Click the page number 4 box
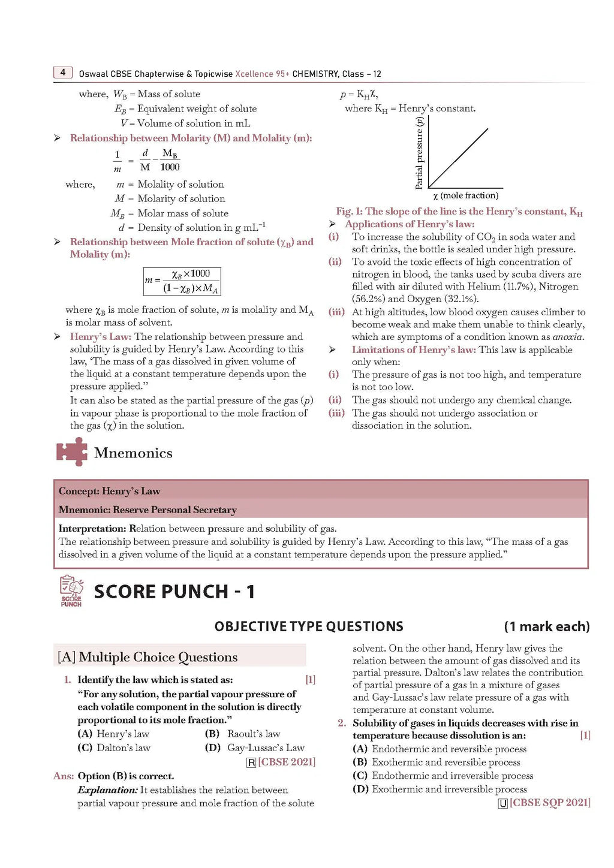point(63,73)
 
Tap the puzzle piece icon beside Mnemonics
point(71,452)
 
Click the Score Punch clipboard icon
point(71,591)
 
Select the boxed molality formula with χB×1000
point(182,281)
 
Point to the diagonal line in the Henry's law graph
point(458,158)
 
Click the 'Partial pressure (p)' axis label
point(419,153)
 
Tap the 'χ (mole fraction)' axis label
point(466,196)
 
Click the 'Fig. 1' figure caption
point(459,212)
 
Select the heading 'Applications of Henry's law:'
point(410,224)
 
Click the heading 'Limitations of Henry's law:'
point(414,350)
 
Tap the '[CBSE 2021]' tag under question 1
point(286,762)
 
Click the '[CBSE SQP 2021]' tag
point(549,803)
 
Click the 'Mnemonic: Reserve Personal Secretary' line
point(148,510)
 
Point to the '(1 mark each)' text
point(546,626)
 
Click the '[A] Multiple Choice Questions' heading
point(148,657)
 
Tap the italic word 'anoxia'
point(568,337)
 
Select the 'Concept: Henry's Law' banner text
point(109,491)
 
